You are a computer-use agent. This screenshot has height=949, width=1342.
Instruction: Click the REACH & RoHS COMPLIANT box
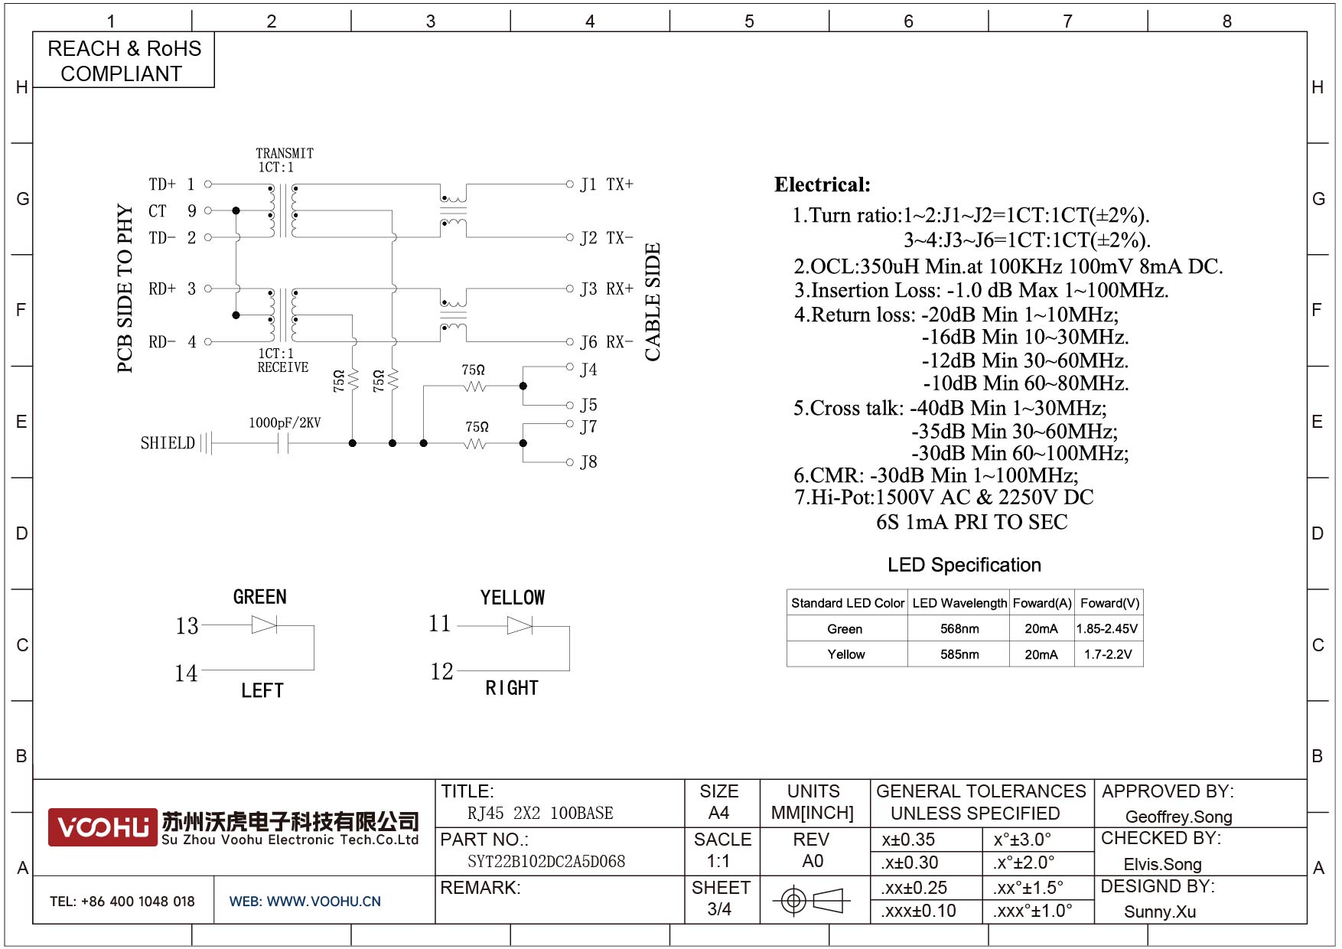coord(123,60)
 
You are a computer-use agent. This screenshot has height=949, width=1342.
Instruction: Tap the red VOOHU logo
coord(103,827)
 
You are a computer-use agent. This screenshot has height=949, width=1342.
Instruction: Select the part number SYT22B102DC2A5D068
coord(546,862)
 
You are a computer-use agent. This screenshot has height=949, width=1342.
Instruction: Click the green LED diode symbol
coord(264,625)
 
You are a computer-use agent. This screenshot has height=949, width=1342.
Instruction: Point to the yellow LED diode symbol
coord(520,626)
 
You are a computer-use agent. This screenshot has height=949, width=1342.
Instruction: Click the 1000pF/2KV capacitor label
coord(285,422)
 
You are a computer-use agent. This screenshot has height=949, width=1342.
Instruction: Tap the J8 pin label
coord(588,462)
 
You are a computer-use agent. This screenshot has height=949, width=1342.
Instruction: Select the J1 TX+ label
coord(606,184)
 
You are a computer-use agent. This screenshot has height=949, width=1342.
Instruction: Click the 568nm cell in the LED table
coord(959,629)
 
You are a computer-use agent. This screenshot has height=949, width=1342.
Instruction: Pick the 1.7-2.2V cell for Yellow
coord(1108,654)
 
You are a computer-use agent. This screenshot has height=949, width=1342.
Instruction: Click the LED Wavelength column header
coord(959,603)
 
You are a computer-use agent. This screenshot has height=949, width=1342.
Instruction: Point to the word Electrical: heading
coord(822,184)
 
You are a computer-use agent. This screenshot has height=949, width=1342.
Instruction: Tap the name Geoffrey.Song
coord(1178,817)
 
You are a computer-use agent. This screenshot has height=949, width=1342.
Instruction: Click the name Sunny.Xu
coord(1159,911)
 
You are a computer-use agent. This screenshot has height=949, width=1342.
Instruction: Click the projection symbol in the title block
coord(813,900)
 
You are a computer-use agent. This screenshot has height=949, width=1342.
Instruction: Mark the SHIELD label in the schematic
coord(168,443)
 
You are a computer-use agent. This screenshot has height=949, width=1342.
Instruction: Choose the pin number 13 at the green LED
coord(187,626)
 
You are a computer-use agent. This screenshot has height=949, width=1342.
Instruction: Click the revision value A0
coord(813,862)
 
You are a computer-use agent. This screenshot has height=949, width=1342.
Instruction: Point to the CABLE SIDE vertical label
coord(652,302)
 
